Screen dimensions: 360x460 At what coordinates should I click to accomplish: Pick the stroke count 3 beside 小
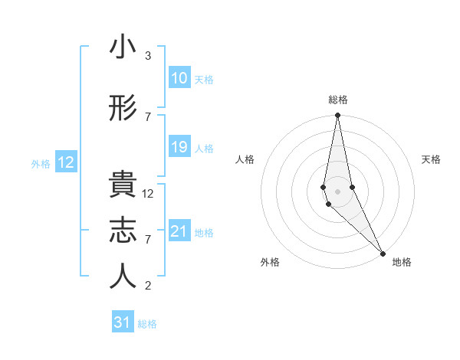[x=148, y=56]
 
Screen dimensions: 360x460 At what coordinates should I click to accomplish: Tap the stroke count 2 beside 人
[x=148, y=286]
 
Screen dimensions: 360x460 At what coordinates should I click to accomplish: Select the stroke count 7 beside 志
[x=148, y=240]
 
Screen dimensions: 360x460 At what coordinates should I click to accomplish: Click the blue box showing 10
[x=179, y=78]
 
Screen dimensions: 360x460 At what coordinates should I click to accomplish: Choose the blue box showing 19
[x=179, y=147]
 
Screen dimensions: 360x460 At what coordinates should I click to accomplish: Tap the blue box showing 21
[x=179, y=231]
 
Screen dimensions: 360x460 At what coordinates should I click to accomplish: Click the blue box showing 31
[x=123, y=322]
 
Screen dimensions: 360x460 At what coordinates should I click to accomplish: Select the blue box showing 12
[x=66, y=162]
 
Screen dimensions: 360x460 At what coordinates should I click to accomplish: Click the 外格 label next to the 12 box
[x=41, y=163]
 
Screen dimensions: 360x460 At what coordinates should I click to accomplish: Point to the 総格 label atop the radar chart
[x=338, y=100]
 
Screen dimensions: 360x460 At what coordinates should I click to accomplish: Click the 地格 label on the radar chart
[x=402, y=262]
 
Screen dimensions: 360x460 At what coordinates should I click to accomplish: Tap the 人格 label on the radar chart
[x=245, y=159]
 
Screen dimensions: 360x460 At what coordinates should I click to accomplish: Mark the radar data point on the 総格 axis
[x=337, y=116]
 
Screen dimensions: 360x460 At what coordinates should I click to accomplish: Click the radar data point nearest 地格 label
[x=383, y=253]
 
